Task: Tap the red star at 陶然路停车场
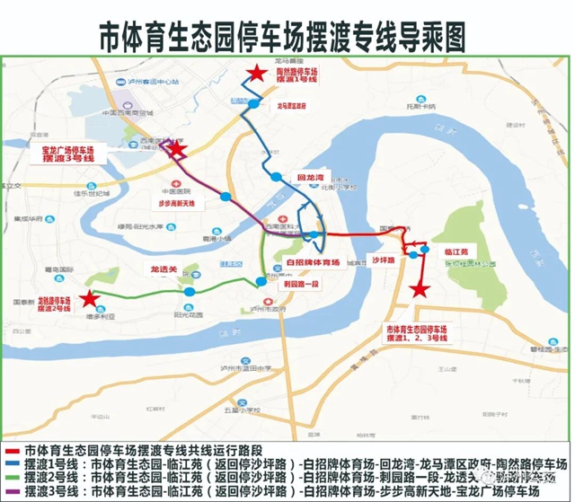pyautogui.click(x=258, y=74)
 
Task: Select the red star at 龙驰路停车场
pyautogui.click(x=88, y=299)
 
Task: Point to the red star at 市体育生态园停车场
pyautogui.click(x=418, y=289)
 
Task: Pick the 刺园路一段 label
pyautogui.click(x=301, y=284)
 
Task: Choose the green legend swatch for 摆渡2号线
pyautogui.click(x=13, y=478)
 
